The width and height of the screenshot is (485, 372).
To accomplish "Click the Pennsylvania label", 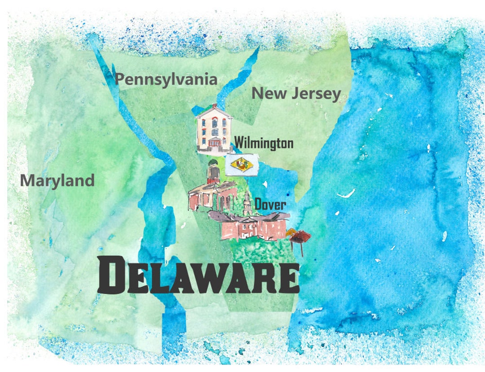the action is (x=166, y=80).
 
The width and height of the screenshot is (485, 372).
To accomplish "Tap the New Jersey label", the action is (x=296, y=94).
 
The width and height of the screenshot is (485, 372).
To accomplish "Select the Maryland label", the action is (x=57, y=180).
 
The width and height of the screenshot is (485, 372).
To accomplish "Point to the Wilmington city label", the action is (x=264, y=144).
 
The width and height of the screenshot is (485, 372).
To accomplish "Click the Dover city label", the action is (x=270, y=205).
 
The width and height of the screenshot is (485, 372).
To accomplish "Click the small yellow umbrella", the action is (x=290, y=232).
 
